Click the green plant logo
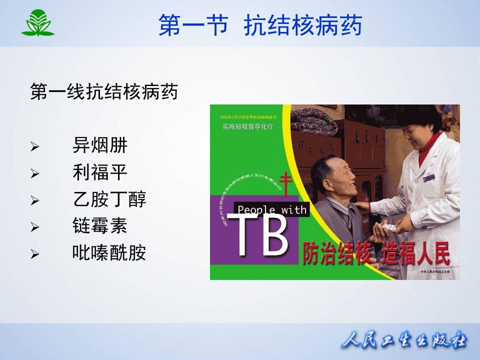(37, 23)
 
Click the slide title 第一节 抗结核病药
(260, 25)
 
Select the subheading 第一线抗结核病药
(104, 92)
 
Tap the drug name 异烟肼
(100, 146)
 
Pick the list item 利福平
(100, 173)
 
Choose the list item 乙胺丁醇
(109, 200)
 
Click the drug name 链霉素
(100, 226)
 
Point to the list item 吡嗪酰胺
(109, 253)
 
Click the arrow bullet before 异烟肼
(34, 147)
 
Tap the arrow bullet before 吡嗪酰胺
(34, 254)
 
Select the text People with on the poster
(272, 209)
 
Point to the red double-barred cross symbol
(285, 185)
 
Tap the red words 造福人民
(415, 254)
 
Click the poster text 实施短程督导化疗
(248, 127)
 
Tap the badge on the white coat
(428, 177)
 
